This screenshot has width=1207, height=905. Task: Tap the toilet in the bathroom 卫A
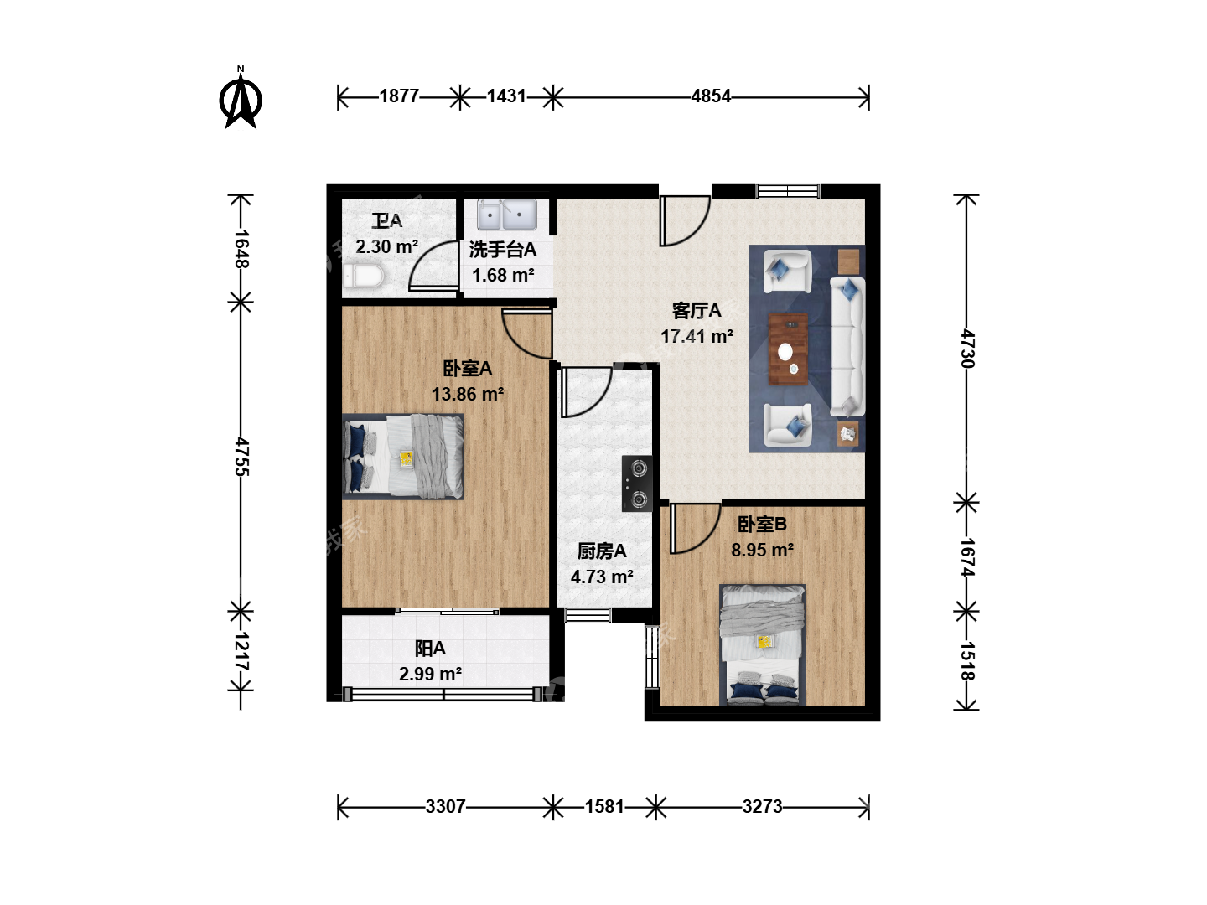pos(363,276)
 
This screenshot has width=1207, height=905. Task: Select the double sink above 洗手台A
pos(506,215)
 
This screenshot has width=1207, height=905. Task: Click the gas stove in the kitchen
pos(637,484)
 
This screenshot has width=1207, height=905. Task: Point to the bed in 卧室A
pos(403,457)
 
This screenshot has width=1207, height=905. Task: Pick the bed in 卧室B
pos(763,644)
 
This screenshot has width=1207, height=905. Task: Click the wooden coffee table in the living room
pos(788,349)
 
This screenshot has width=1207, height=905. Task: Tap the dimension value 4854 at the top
pos(711,96)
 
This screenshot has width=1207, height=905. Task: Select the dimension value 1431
pos(506,96)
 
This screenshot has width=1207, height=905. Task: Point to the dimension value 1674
pos(967,556)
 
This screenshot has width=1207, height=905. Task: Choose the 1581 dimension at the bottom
pos(604,807)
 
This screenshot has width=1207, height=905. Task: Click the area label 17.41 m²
pos(697,336)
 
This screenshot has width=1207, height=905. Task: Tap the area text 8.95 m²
pos(762,550)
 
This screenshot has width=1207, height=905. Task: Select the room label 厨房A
pos(602,551)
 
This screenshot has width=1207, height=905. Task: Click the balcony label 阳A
pos(430,649)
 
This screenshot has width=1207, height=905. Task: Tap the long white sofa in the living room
pos(847,346)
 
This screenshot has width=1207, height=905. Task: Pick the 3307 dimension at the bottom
pos(445,807)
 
